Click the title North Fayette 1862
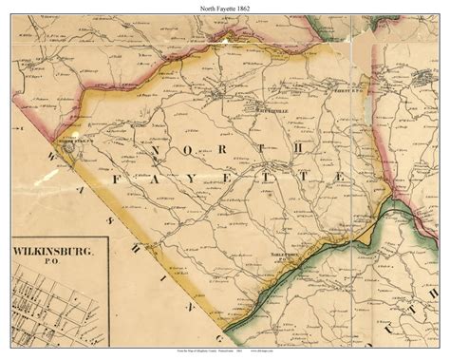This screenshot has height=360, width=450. click(x=224, y=9)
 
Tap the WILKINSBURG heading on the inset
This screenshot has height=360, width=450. click(x=60, y=252)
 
